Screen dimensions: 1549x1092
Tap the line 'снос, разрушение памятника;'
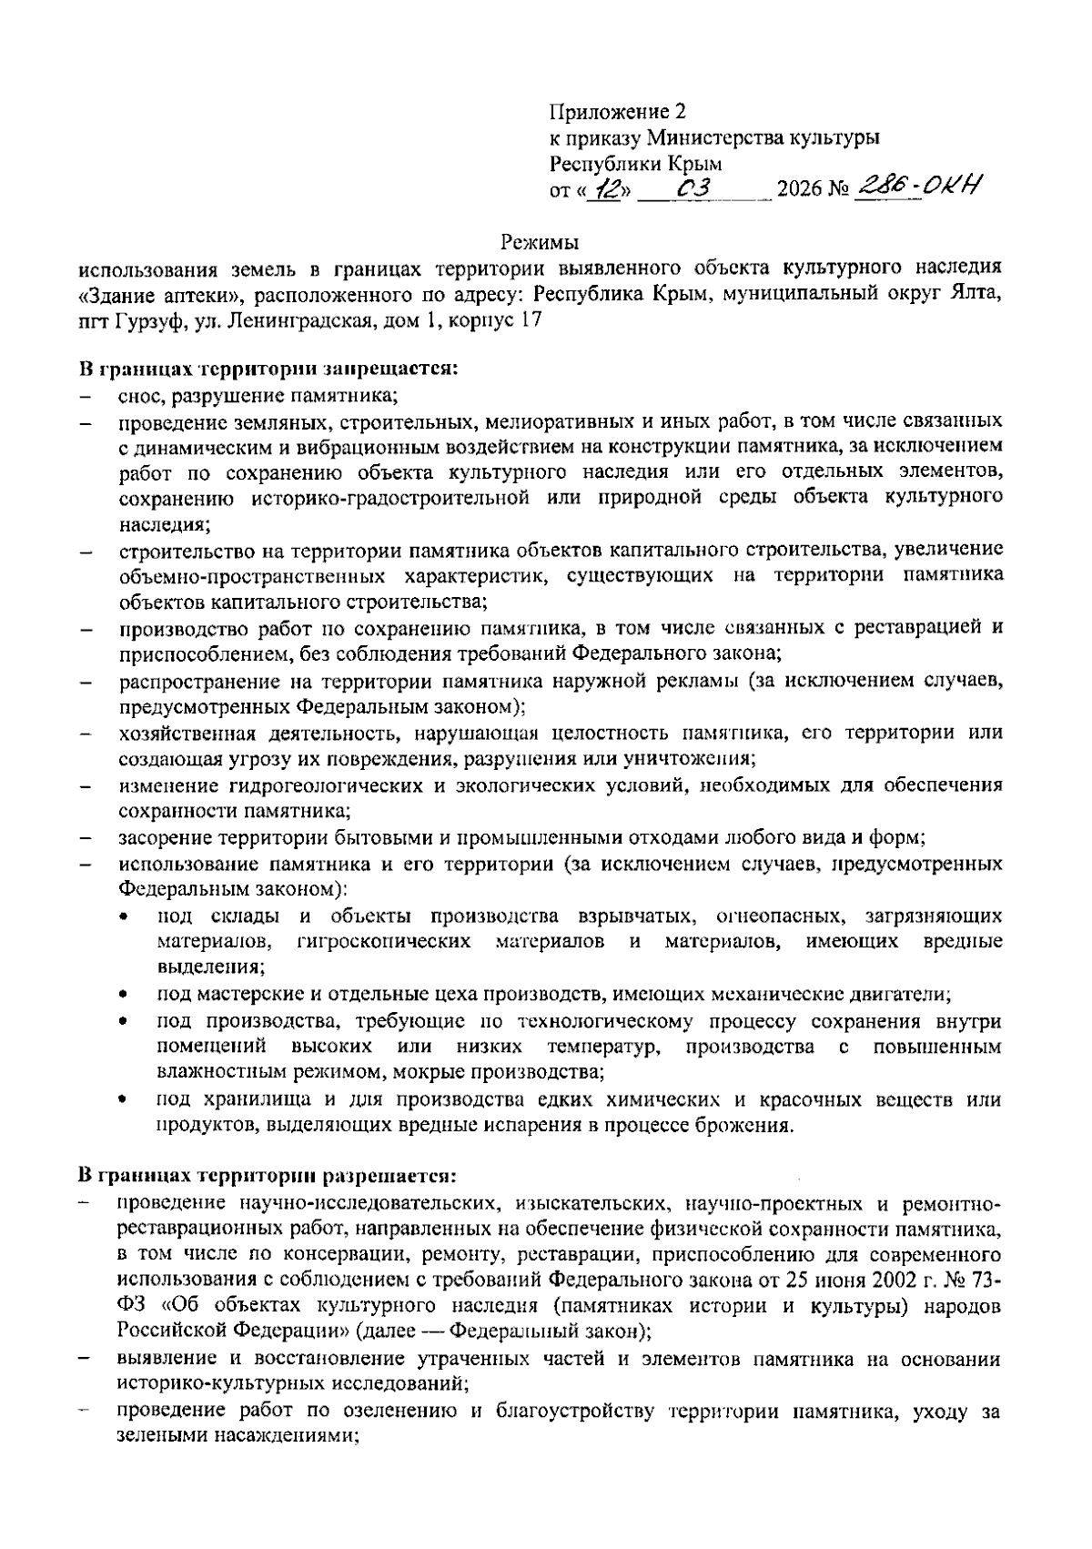pos(258,396)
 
